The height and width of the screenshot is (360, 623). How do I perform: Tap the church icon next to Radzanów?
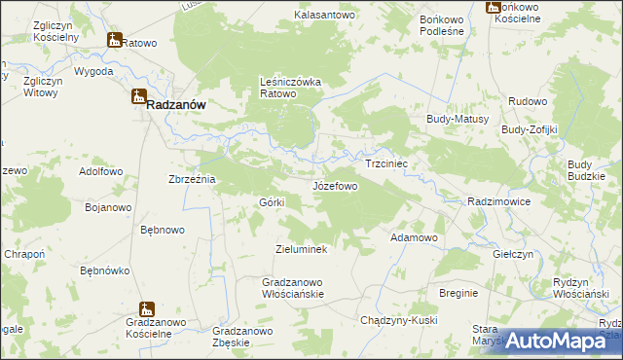[x=139, y=96]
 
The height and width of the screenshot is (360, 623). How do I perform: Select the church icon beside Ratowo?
[x=115, y=41]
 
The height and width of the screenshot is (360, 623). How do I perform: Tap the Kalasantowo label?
[x=325, y=16]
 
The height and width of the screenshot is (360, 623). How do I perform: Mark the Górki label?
[x=271, y=201]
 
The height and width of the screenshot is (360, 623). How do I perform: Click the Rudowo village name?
[x=528, y=100]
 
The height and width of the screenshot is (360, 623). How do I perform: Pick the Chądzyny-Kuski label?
[x=398, y=320]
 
